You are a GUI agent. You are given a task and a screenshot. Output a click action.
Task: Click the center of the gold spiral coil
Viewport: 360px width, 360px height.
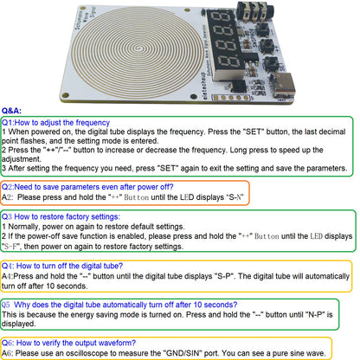(140, 48)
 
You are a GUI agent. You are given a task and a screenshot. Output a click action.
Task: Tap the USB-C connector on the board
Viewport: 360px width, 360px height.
(285, 86)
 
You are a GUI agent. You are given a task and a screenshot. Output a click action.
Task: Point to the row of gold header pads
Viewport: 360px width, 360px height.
(231, 98)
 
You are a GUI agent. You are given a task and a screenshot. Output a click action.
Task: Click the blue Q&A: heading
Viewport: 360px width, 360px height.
(11, 111)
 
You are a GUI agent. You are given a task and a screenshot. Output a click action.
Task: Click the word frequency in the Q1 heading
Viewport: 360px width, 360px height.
(93, 123)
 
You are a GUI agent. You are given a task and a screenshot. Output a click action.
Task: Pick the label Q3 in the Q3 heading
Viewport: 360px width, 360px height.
(7, 216)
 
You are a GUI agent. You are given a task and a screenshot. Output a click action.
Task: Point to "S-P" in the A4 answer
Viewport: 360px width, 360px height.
(223, 276)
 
